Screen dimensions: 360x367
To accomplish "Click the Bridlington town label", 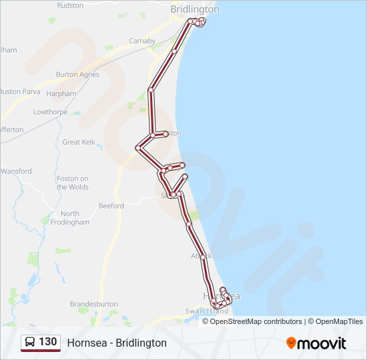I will (x=194, y=9).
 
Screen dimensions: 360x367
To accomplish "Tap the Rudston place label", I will (x=70, y=5).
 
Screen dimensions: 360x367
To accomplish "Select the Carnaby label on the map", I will (x=142, y=41).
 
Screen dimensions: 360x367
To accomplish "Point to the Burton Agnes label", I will (x=77, y=75).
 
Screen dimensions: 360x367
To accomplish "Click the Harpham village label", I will (x=61, y=94).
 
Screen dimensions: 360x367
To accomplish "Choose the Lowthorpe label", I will (x=50, y=112).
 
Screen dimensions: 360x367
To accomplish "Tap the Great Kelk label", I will (x=79, y=142).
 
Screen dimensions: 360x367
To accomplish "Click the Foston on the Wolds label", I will (x=73, y=183).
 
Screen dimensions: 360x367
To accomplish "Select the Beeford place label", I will (x=111, y=206).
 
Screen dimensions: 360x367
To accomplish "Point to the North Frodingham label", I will (x=74, y=218).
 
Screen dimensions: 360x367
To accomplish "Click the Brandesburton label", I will (x=93, y=304).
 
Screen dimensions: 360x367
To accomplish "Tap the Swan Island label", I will (x=208, y=311).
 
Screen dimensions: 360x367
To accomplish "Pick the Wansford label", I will (x=17, y=171).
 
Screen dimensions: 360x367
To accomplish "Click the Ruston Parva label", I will (x=19, y=91).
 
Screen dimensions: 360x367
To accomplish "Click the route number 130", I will (x=47, y=342).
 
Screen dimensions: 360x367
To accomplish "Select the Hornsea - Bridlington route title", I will (x=117, y=343).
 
